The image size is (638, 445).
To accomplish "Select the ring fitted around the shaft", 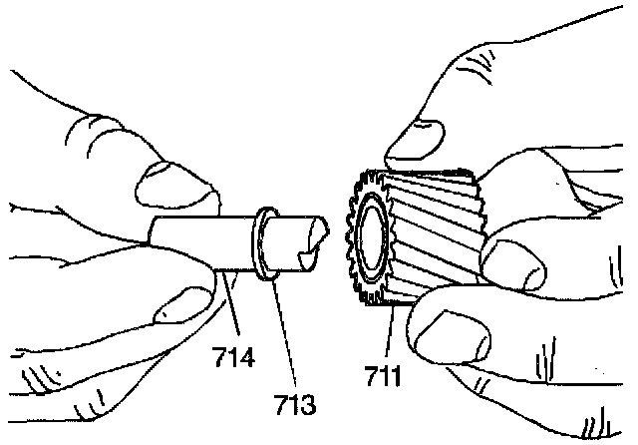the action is click(x=265, y=244).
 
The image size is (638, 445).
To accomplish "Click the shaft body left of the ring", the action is click(x=199, y=240).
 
